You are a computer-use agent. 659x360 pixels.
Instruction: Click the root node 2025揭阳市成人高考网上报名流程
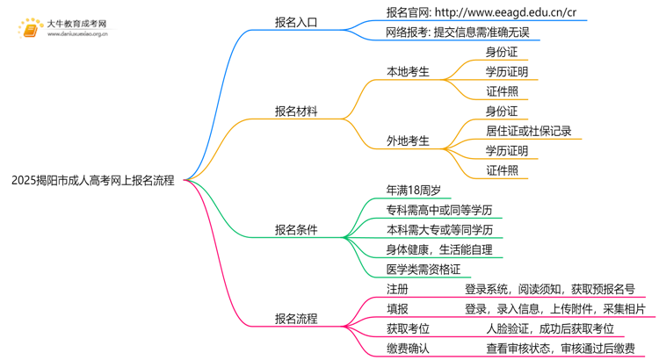pyautogui.click(x=92, y=181)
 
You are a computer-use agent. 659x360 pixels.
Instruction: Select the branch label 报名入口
pyautogui.click(x=295, y=23)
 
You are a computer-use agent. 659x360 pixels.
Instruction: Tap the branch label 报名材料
pyautogui.click(x=295, y=112)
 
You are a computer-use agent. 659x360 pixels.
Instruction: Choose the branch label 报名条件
pyautogui.click(x=295, y=230)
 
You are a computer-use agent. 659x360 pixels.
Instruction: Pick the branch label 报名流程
pyautogui.click(x=295, y=319)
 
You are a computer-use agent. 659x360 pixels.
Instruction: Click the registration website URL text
pyautogui.click(x=482, y=13)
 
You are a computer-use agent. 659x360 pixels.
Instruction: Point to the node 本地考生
pyautogui.click(x=408, y=72)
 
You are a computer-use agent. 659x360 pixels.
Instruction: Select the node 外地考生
pyautogui.click(x=408, y=140)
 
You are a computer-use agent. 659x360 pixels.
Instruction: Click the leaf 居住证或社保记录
pyautogui.click(x=528, y=131)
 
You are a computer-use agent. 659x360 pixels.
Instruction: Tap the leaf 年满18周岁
pyautogui.click(x=413, y=190)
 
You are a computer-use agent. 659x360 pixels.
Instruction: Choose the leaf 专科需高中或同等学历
pyautogui.click(x=438, y=210)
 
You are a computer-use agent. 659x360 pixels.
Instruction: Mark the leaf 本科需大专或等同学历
pyautogui.click(x=438, y=229)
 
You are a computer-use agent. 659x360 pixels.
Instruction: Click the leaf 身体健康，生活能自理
pyautogui.click(x=438, y=249)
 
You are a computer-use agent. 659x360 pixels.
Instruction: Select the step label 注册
pyautogui.click(x=397, y=289)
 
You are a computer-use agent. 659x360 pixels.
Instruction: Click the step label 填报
pyautogui.click(x=397, y=309)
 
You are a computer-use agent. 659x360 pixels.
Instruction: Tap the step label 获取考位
pyautogui.click(x=408, y=328)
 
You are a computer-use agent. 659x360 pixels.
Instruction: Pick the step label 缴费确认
pyautogui.click(x=408, y=349)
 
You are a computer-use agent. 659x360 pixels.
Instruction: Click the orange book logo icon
pyautogui.click(x=30, y=31)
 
